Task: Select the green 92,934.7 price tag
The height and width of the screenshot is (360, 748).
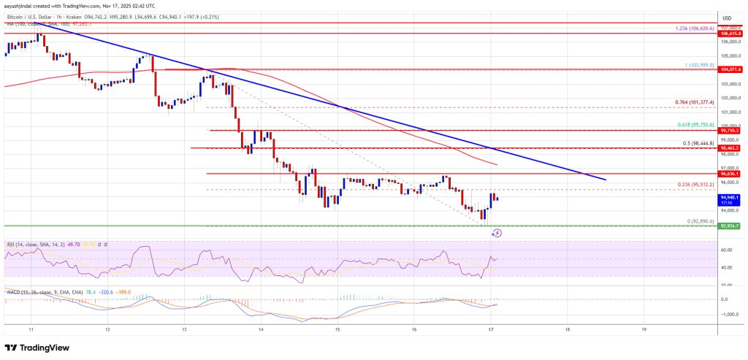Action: [x=731, y=226]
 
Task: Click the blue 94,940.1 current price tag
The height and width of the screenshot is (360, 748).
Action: [x=731, y=197]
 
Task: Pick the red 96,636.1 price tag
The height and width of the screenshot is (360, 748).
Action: [x=731, y=174]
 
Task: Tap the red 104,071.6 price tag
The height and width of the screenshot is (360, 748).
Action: [x=731, y=69]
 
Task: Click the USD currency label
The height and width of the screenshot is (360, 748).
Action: [x=727, y=18]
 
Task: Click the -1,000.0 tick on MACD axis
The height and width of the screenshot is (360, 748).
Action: [x=730, y=314]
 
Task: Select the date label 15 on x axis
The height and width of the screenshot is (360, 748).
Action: [x=338, y=329]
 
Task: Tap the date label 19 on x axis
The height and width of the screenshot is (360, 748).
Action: [x=644, y=329]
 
